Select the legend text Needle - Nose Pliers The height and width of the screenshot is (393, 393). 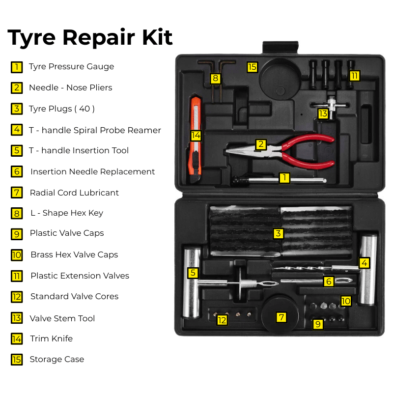(70, 87)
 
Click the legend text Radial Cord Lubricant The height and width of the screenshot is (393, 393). (74, 193)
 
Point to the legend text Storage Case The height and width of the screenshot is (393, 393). (56, 359)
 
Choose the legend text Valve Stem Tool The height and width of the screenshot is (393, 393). (62, 318)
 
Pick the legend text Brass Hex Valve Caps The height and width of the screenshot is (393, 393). (74, 254)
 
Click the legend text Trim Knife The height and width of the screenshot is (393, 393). (51, 338)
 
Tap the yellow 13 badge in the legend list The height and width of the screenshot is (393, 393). (17, 318)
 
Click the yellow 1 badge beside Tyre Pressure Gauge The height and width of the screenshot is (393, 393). (17, 67)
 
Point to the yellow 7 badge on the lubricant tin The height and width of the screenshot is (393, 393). (281, 317)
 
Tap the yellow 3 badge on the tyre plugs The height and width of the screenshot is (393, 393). (279, 233)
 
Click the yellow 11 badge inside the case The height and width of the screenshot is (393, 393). (354, 76)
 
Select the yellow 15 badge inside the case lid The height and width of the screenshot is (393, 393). (252, 67)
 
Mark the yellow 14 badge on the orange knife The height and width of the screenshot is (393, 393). (196, 135)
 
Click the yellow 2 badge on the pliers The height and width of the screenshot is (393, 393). (261, 144)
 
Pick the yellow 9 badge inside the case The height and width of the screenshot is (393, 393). (318, 324)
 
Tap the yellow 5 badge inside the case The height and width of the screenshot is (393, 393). (193, 273)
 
